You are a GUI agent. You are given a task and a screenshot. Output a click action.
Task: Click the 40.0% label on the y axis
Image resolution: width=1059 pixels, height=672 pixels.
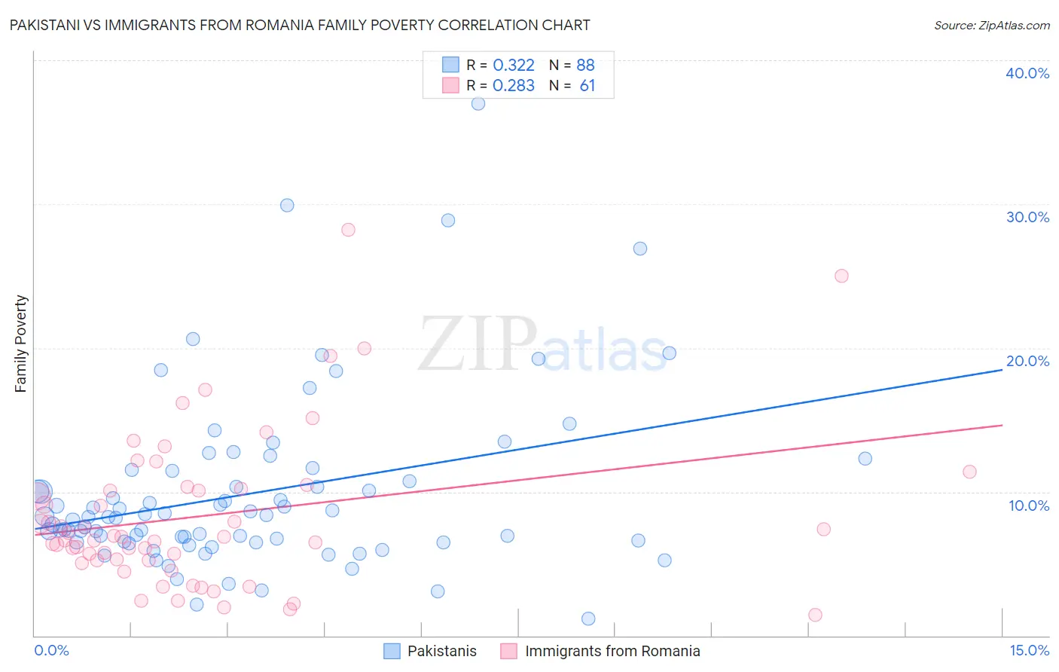[x=1027, y=73]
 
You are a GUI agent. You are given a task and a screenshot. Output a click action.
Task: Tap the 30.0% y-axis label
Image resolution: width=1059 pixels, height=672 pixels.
[x=1027, y=217]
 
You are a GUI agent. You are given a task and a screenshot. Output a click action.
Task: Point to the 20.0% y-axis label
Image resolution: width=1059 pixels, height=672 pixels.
[x=1027, y=361]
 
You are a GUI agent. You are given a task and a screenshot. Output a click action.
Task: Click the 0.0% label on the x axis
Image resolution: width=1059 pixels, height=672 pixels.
[x=51, y=651]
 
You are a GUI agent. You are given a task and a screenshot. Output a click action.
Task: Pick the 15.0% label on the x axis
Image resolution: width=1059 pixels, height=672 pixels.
[x=1028, y=651]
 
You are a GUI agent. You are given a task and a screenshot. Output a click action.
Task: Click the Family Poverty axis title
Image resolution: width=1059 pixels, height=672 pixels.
[x=21, y=344]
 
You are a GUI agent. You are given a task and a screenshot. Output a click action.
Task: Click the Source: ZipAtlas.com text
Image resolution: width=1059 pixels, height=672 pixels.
[x=991, y=25]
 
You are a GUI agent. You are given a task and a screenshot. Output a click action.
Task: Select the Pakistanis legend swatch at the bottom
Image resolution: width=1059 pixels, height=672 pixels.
[x=392, y=651]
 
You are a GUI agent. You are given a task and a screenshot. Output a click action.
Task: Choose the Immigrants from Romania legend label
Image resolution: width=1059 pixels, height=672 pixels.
[x=612, y=651]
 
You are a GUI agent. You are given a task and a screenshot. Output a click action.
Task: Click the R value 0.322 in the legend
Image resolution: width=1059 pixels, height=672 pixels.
[x=514, y=66]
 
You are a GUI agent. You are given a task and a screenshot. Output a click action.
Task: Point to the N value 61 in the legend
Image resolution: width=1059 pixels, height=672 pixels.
[x=587, y=86]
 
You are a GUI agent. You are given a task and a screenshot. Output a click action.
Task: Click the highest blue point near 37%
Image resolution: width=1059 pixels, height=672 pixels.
[x=478, y=104]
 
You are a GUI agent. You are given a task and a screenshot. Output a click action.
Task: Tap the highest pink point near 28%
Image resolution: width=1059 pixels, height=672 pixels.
[x=348, y=230]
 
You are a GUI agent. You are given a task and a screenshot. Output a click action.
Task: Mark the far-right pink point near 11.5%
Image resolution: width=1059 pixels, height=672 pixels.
[x=969, y=472]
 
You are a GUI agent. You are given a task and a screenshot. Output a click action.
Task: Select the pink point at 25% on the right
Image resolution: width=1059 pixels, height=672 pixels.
[x=841, y=276]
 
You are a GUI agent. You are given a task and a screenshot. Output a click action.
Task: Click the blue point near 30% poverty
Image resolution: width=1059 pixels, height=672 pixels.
[x=287, y=205]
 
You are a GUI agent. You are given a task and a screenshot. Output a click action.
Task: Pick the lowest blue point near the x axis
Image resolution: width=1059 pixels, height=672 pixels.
[x=588, y=619]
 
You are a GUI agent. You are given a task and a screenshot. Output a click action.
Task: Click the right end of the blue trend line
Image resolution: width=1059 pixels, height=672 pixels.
[x=1002, y=370]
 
